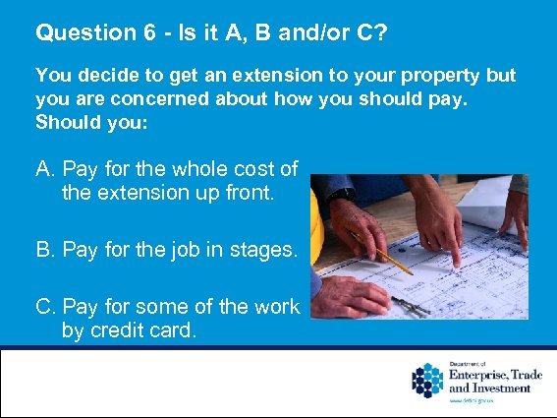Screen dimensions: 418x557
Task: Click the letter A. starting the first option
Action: pyautogui.click(x=45, y=170)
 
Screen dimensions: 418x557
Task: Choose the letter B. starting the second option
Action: pyautogui.click(x=45, y=251)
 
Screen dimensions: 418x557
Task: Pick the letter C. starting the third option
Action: pyautogui.click(x=45, y=307)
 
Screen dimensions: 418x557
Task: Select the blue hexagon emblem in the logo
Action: pyautogui.click(x=427, y=380)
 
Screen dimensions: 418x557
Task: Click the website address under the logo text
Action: pyautogui.click(x=470, y=400)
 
